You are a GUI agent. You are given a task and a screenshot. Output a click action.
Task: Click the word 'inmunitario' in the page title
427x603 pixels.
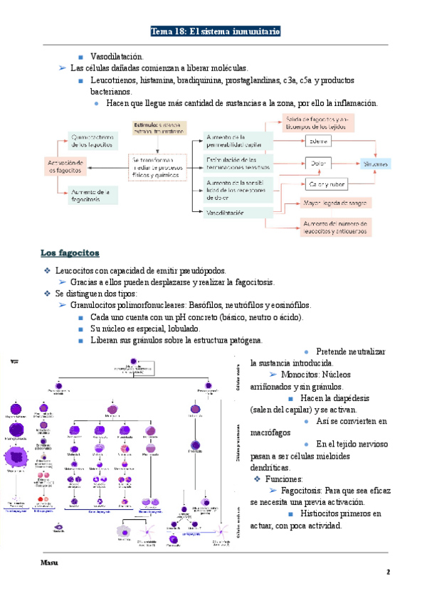point(254,32)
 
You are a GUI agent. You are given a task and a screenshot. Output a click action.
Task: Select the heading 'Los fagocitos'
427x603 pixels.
point(70,253)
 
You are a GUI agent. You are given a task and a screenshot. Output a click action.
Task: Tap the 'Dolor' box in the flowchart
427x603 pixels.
point(318,164)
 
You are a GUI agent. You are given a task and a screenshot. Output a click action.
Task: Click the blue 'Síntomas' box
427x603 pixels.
point(375,164)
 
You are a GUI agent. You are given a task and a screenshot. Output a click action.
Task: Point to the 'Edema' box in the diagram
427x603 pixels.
point(318,142)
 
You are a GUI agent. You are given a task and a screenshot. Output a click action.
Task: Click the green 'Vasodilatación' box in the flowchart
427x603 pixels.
point(237,213)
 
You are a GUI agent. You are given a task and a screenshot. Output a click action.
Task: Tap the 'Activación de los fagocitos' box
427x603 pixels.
point(65,166)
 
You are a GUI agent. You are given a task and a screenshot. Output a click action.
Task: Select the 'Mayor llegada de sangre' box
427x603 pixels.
point(334,203)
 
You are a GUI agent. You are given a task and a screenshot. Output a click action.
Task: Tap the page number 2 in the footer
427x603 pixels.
point(389,572)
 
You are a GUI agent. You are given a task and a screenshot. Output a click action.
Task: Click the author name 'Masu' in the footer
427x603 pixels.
point(49,563)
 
